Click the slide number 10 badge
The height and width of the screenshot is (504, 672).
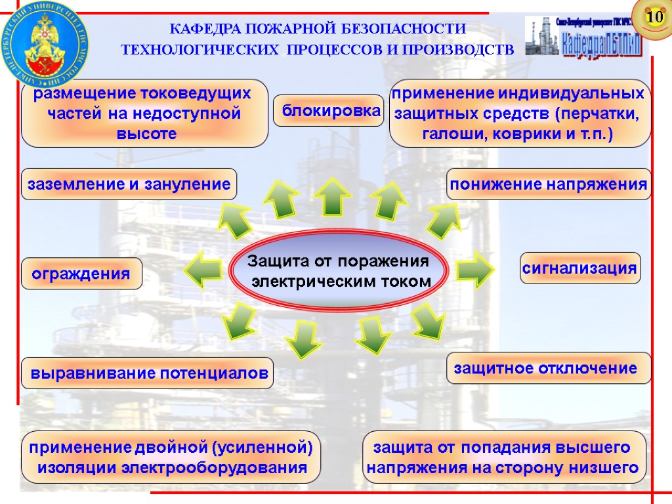(x=653, y=16)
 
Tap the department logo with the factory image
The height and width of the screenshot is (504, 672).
(x=583, y=37)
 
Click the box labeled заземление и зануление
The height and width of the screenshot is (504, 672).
(x=129, y=184)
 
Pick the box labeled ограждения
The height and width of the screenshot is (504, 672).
(x=82, y=274)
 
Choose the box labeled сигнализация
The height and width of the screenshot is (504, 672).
(x=580, y=268)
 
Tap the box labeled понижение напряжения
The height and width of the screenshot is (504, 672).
(x=548, y=184)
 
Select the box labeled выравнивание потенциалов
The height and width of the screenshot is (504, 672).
(x=147, y=374)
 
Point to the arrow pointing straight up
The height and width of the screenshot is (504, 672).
(x=333, y=196)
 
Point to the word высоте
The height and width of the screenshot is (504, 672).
(x=146, y=134)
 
